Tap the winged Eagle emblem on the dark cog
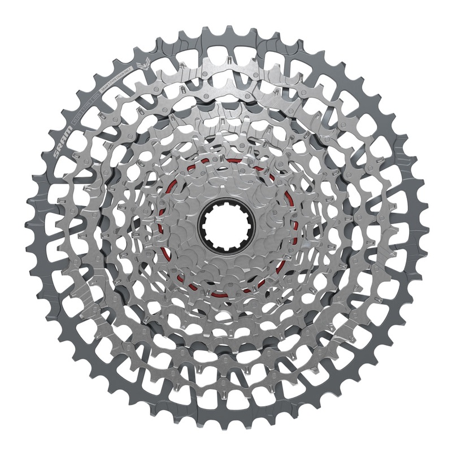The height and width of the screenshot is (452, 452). pos(143,64)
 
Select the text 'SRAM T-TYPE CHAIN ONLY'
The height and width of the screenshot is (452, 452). pos(116,79)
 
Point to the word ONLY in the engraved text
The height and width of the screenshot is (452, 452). pos(128,70)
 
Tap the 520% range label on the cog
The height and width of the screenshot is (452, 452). pos(96,98)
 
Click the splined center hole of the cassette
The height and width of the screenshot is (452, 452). pos(227,227)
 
